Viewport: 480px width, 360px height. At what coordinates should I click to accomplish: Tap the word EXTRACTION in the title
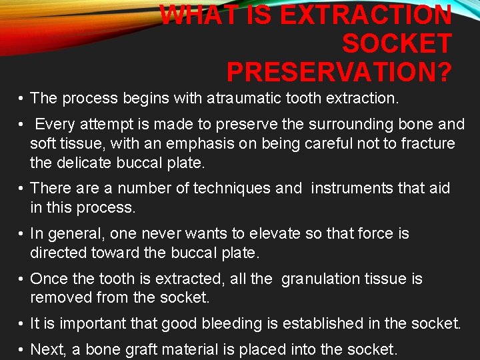click(x=366, y=15)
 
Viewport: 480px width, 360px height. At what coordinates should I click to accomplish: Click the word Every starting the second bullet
click(x=55, y=125)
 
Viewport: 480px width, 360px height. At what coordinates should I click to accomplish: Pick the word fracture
click(x=426, y=143)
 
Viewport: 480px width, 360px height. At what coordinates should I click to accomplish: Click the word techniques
click(x=233, y=189)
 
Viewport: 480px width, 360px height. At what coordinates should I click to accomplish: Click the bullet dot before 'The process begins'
click(x=22, y=99)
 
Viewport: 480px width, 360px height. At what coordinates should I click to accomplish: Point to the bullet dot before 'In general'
click(x=22, y=234)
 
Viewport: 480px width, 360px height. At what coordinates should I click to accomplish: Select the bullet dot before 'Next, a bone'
click(x=22, y=349)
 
